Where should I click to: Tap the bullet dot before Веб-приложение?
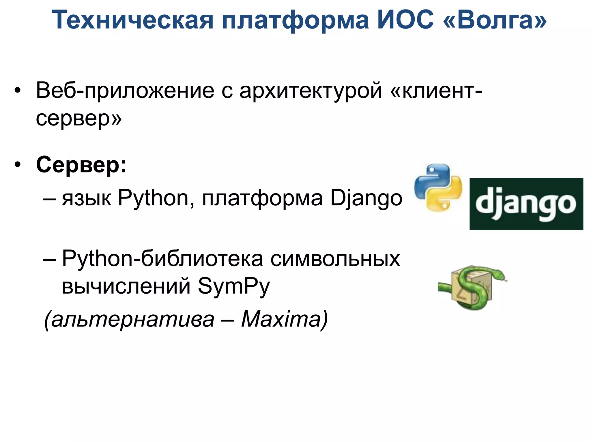click(18, 90)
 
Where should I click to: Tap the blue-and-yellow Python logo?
click(438, 187)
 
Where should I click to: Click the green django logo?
click(526, 204)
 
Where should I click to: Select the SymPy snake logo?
click(472, 287)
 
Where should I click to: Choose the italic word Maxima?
click(281, 319)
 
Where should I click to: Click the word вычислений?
click(126, 286)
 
